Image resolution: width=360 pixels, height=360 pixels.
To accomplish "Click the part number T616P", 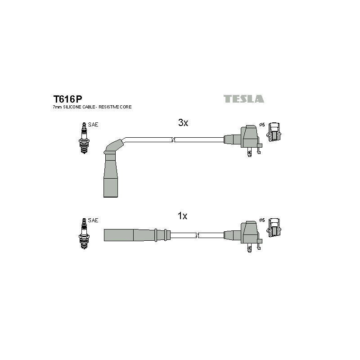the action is (67, 99).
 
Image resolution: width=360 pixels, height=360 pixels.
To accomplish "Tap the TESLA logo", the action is (244, 99).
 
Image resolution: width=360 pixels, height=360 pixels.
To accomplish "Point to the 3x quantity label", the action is (183, 122).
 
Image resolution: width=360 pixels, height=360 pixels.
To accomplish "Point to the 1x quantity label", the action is (183, 216).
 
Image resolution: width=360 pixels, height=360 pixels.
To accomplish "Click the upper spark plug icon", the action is (84, 138).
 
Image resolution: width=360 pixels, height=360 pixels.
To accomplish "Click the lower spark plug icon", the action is (84, 234).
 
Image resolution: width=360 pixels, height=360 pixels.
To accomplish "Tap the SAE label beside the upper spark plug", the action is (93, 125).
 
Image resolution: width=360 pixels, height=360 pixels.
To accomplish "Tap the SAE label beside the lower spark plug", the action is (93, 220).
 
